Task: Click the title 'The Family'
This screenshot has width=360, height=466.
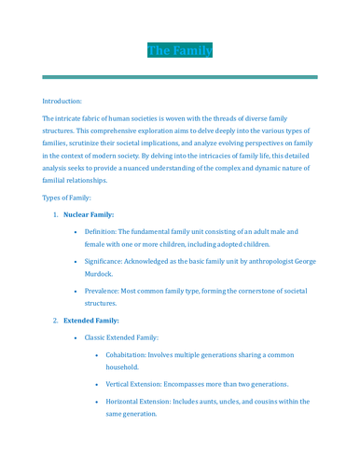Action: (180, 50)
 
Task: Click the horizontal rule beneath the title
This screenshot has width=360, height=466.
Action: (180, 76)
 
